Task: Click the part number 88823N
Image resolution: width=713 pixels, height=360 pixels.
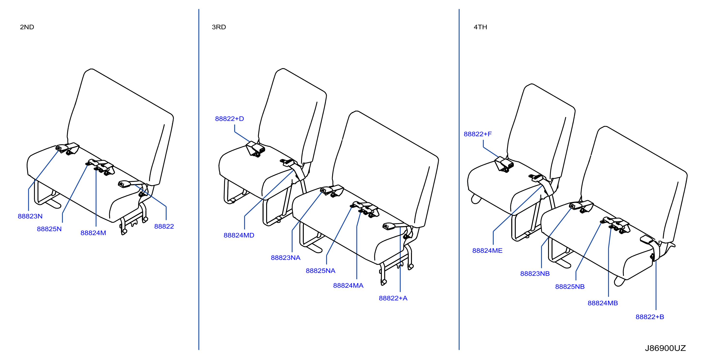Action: [30, 216]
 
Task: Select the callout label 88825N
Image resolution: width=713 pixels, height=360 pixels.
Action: [49, 229]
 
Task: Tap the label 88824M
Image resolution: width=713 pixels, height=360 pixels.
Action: [93, 233]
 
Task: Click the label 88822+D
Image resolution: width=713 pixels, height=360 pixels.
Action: [229, 119]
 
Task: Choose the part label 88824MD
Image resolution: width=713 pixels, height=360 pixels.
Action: [239, 235]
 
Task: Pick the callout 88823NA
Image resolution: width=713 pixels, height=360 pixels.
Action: [286, 258]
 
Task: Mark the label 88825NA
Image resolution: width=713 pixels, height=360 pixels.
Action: [320, 271]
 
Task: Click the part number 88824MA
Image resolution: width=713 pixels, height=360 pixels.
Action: [348, 286]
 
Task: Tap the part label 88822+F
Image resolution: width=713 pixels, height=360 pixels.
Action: [478, 134]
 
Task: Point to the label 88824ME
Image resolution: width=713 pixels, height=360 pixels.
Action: [487, 251]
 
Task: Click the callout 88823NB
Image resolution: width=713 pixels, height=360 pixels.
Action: [535, 274]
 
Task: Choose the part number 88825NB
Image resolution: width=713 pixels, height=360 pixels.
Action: [570, 287]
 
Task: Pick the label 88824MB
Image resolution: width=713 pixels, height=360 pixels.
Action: [603, 303]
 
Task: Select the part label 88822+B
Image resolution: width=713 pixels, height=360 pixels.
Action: [650, 317]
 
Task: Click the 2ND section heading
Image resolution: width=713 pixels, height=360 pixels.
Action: [27, 27]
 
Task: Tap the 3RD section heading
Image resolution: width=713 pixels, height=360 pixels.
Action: [219, 27]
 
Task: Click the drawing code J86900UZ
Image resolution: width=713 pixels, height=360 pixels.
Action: [665, 348]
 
